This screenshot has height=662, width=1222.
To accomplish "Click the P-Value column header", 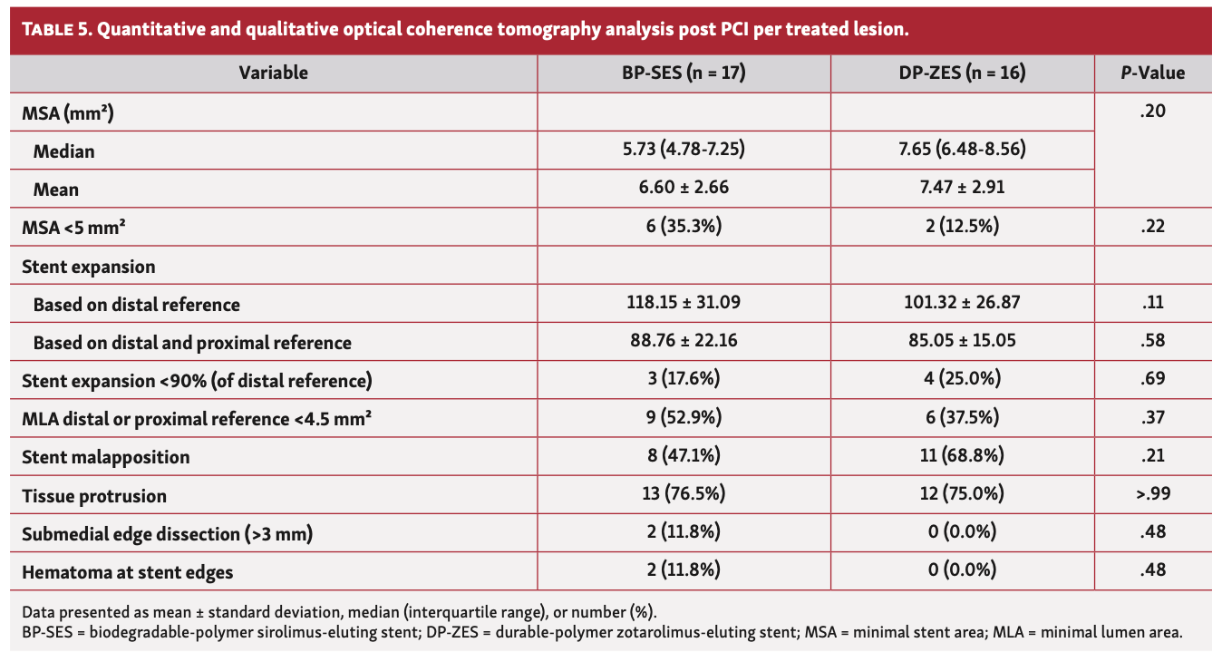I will click(1153, 73).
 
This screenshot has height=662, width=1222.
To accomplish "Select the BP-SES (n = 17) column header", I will click(684, 73).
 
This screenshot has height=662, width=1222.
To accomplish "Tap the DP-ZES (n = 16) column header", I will click(963, 73).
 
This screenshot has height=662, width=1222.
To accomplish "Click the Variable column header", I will click(273, 73).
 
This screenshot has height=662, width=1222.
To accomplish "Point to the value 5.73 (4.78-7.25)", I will click(684, 150).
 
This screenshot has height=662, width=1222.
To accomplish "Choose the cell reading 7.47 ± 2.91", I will click(963, 189).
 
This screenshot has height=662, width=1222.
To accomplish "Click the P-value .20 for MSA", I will click(1153, 112).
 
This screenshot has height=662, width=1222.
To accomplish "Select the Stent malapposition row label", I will click(105, 457).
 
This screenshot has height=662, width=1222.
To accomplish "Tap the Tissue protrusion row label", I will click(94, 496).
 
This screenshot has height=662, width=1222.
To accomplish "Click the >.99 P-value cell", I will click(1153, 495).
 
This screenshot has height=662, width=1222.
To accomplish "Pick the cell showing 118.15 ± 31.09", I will click(684, 303).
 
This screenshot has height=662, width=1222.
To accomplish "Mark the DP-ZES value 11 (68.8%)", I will click(963, 456).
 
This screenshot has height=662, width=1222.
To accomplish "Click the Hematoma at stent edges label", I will click(127, 572).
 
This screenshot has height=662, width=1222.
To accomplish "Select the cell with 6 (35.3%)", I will click(684, 227).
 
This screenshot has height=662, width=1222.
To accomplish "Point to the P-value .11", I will click(1153, 303).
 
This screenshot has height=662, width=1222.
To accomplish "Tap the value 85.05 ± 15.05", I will click(963, 342).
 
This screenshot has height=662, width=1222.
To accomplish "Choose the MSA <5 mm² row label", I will click(73, 228).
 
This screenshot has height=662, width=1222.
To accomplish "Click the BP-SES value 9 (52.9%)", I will click(684, 418).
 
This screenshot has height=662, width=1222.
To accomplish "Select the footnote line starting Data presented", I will click(344, 611).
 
